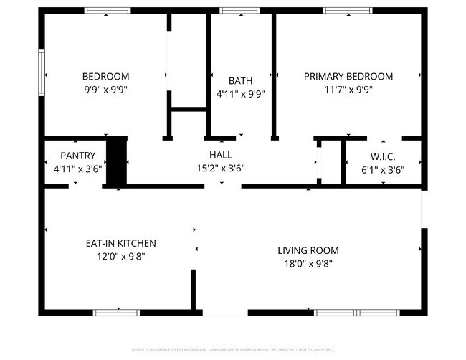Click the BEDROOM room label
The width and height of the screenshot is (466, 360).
coord(105,77)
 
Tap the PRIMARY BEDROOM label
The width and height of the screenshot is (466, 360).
coord(348,77)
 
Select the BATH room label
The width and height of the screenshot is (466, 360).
coord(240,80)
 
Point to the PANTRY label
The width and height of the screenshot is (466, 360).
coord(77,156)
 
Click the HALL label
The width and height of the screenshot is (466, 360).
coord(220,155)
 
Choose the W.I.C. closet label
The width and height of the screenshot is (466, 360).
coord(383,156)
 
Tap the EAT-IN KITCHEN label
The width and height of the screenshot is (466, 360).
coord(116,244)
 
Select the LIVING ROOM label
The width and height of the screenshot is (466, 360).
coord(308,250)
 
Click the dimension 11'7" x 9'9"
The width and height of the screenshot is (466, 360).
coord(348,90)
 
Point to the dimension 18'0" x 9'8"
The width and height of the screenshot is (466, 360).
coord(308,263)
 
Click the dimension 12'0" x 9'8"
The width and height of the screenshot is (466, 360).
coord(116,257)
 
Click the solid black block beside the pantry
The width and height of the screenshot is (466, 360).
coord(116,161)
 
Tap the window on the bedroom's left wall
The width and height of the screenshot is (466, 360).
coord(42,75)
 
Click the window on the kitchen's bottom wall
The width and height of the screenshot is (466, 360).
coord(116,312)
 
